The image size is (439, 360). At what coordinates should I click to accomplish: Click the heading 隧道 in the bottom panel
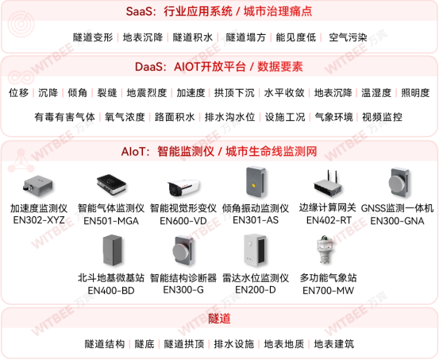point(219,319)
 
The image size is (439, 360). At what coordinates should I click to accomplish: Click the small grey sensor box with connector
point(37,187)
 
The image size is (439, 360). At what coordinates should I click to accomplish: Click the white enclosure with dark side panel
point(253,249)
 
